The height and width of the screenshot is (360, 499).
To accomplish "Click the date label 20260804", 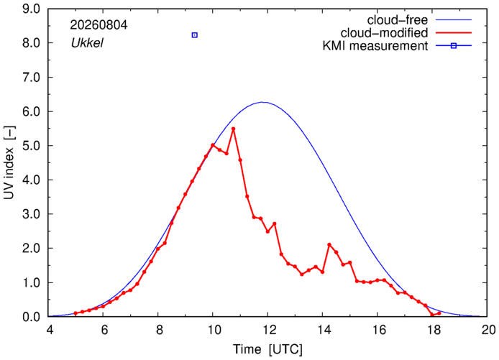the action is [99, 25].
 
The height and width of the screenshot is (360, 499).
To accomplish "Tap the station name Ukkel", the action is [87, 43].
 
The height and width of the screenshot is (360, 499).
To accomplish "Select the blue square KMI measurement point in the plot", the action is [195, 35].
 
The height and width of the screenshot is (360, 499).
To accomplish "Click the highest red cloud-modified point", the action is [233, 129].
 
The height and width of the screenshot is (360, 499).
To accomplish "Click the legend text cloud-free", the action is [398, 20].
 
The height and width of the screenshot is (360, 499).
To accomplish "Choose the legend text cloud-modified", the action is [384, 33].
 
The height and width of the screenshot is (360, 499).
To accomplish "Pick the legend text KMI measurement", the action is [375, 46].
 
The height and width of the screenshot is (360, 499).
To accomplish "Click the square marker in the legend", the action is [454, 46].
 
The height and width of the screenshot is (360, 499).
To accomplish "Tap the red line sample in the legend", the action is [454, 33].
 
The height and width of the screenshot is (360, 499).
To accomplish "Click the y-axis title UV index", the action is [9, 163].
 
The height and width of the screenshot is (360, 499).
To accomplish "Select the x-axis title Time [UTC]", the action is [267, 349].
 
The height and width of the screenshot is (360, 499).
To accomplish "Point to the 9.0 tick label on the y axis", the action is [31, 9].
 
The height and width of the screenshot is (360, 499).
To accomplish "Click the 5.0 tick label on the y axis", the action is [31, 146].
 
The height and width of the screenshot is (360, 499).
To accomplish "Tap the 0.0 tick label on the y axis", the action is [31, 317].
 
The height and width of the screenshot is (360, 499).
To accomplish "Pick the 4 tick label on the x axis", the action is [50, 330].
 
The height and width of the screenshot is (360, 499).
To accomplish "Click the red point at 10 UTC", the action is [213, 145].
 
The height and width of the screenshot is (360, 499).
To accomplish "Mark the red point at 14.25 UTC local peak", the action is [329, 244].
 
